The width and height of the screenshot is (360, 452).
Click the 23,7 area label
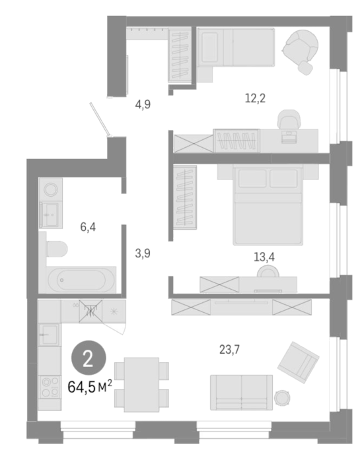229,350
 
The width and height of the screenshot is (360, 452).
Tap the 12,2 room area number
255,98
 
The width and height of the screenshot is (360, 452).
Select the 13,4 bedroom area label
264,257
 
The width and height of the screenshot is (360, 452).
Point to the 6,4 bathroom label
88,227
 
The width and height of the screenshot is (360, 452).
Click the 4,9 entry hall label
143,104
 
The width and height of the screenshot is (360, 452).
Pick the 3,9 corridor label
143,253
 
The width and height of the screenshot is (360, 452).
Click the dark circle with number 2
89,358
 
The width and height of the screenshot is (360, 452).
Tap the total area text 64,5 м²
90,387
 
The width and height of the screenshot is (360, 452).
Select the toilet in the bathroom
57,249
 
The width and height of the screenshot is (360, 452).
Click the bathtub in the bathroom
82,280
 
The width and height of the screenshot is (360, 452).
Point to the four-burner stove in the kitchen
50,387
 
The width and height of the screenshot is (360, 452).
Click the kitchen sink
50,335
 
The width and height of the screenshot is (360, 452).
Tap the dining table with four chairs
141,385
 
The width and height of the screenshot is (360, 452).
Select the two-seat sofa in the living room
242,393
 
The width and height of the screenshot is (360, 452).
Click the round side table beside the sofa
282,399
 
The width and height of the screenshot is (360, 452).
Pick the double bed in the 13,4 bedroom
268,205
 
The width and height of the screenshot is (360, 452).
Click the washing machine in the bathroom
51,189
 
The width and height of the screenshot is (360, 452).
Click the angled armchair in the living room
299,362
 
